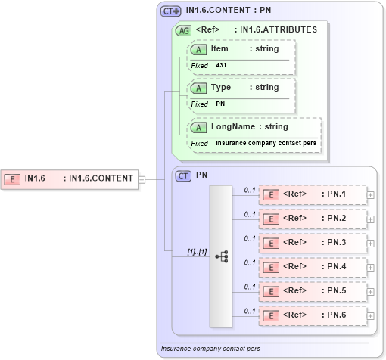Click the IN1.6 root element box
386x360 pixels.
(x=70, y=179)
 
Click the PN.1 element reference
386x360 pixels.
(x=313, y=194)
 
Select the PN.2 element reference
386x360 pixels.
(x=313, y=219)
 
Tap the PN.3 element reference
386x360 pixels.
(x=313, y=243)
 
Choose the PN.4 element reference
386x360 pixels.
(x=313, y=267)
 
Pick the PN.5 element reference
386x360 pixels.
(x=313, y=291)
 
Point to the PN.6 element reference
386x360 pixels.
(x=313, y=315)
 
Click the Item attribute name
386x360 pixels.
(x=219, y=49)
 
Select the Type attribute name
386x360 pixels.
(x=220, y=88)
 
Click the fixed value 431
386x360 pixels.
(x=221, y=66)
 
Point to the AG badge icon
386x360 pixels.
(x=183, y=30)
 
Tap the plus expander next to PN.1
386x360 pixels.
(x=370, y=195)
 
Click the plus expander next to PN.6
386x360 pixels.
(x=370, y=315)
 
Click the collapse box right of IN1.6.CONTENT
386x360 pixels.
(x=142, y=179)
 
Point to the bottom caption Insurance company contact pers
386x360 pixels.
(x=210, y=349)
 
